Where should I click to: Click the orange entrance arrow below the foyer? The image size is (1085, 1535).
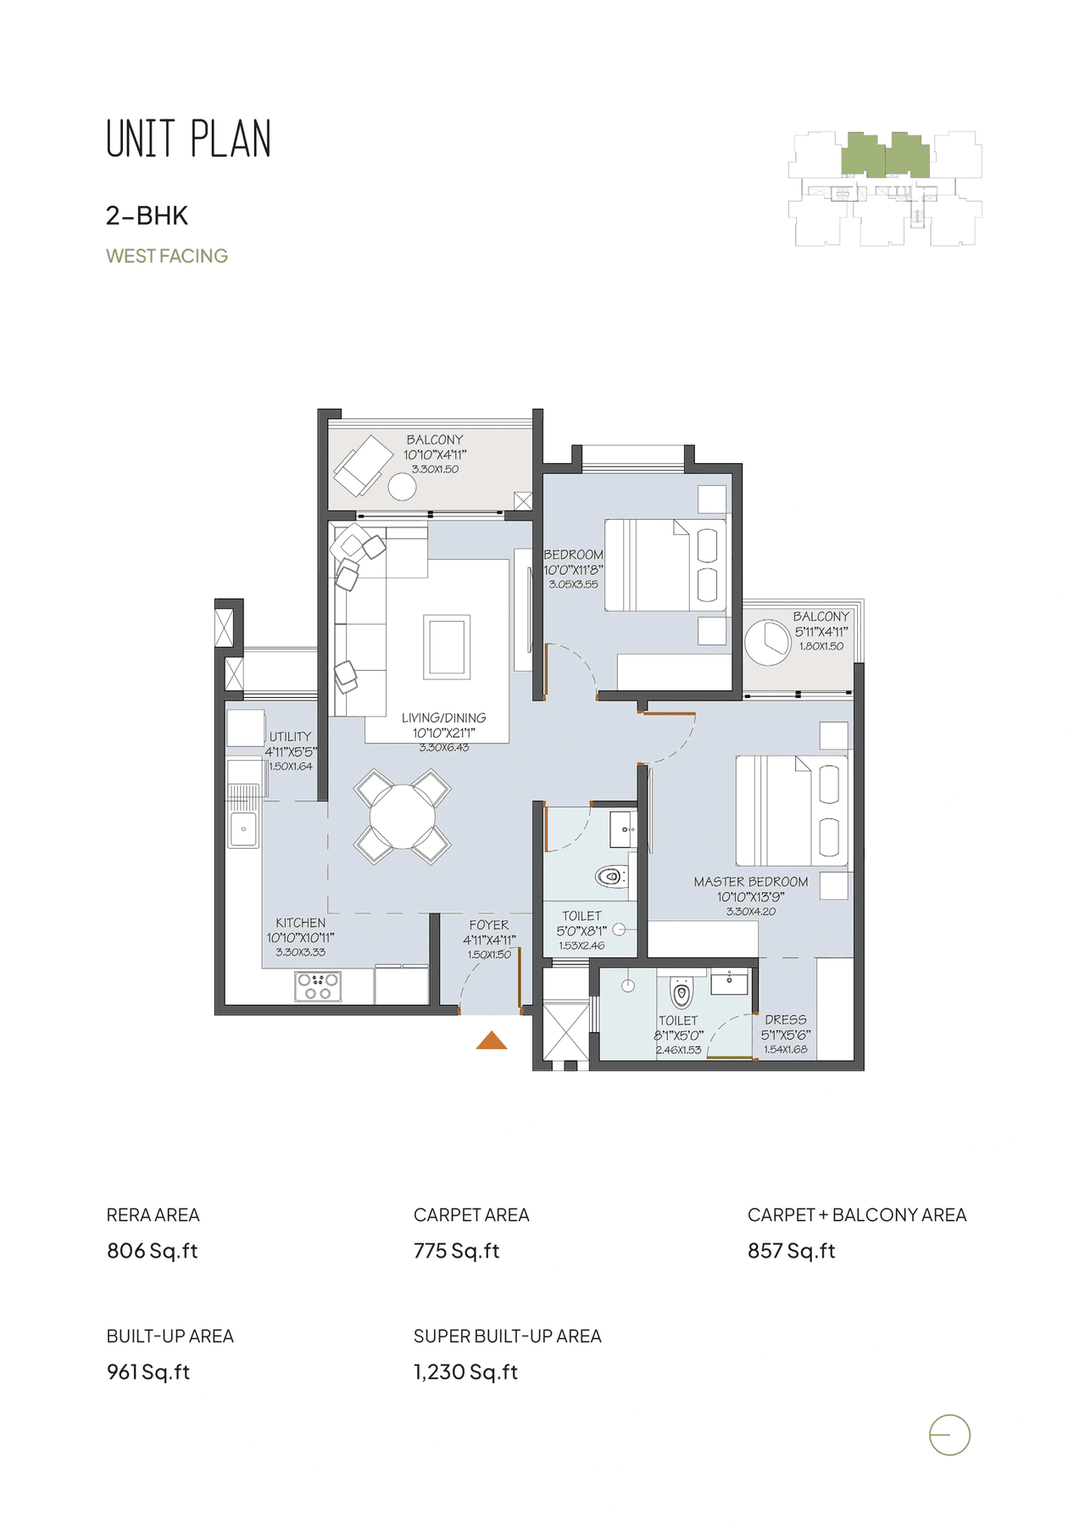[x=492, y=1041]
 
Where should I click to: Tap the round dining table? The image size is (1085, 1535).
[x=403, y=817]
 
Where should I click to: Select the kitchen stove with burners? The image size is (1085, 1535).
[x=318, y=985]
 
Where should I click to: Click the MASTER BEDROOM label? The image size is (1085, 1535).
[x=750, y=882]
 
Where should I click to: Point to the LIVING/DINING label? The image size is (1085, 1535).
[x=443, y=717]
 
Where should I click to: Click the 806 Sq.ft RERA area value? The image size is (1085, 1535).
[x=153, y=1251]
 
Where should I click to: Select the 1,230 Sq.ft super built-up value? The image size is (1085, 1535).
[x=465, y=1372]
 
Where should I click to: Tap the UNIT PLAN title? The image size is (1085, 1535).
[x=188, y=140]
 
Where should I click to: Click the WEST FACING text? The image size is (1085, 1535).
[x=167, y=256]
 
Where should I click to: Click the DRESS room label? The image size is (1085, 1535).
[x=785, y=1019]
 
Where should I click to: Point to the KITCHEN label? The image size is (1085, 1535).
[x=300, y=923]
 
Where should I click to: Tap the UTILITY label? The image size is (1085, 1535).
[x=290, y=736]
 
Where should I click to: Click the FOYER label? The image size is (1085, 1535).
[x=489, y=925]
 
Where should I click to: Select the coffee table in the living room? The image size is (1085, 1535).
[x=447, y=646]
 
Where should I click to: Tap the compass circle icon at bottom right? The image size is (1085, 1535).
[x=949, y=1436]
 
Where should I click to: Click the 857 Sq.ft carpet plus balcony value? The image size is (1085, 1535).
[x=791, y=1251]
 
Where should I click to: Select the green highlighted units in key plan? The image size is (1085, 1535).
[x=886, y=155]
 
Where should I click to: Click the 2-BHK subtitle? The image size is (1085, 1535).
[x=147, y=215]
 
